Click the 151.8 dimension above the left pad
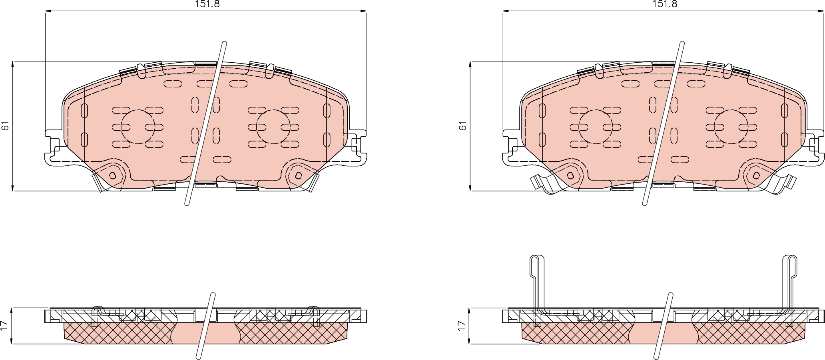[x=207, y=4]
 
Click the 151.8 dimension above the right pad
[x=665, y=4]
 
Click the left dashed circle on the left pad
[x=138, y=127]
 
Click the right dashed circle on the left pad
[x=274, y=127]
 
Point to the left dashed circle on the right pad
[x=596, y=127]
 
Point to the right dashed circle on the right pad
[x=731, y=127]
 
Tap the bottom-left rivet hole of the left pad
[x=113, y=175]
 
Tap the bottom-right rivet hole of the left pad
[x=299, y=175]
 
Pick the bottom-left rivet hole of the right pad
[x=570, y=175]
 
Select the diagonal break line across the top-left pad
[x=206, y=124]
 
